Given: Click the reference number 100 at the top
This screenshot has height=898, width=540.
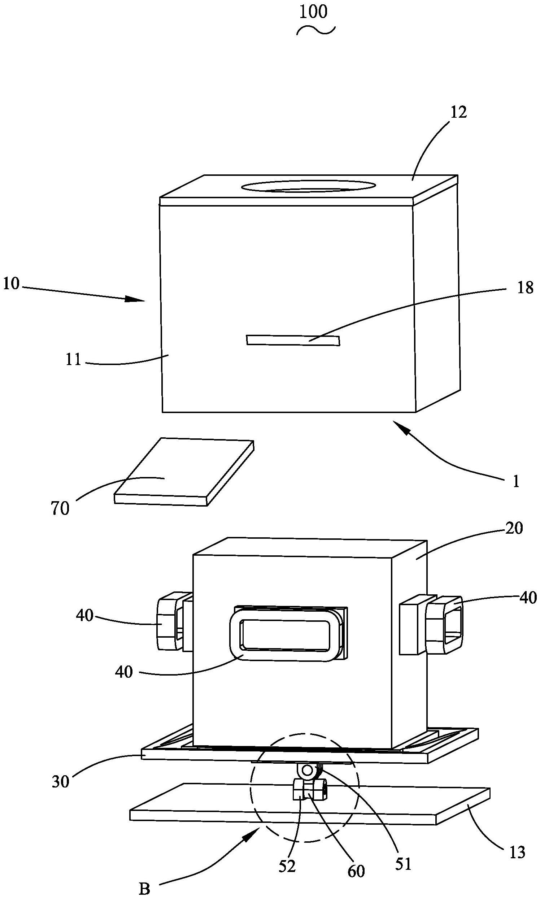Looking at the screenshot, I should tap(313, 12).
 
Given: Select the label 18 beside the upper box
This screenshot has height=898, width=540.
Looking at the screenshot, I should tap(525, 289).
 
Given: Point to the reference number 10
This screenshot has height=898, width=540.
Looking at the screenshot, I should tap(11, 284).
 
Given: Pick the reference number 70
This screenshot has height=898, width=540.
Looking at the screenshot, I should tap(60, 508).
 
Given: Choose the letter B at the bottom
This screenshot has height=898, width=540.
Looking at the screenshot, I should tap(144, 888).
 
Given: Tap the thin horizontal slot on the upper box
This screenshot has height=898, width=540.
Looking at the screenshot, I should tap(293, 340).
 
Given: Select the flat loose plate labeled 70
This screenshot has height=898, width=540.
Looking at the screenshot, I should tap(184, 473).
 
